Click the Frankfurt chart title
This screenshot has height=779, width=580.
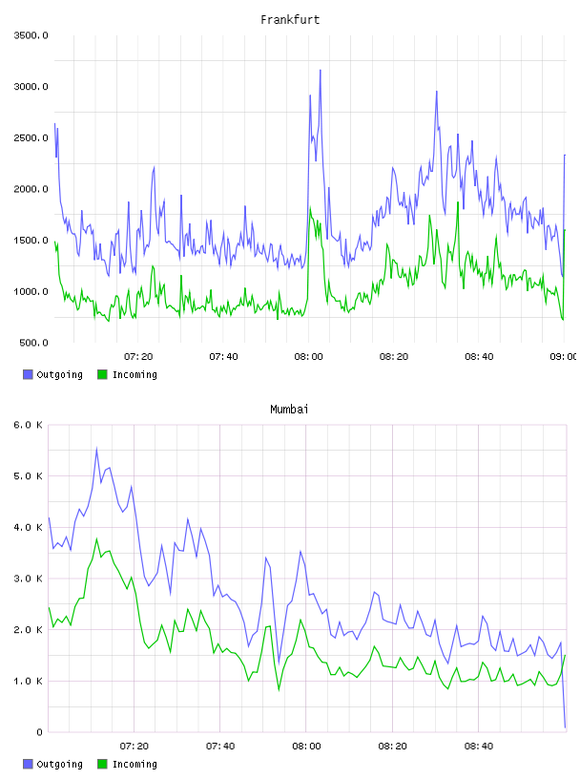pyautogui.click(x=290, y=20)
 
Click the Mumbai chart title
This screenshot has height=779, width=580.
pyautogui.click(x=289, y=410)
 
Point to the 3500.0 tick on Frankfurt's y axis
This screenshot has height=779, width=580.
pyautogui.click(x=31, y=35)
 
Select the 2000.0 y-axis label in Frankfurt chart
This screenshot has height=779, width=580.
pyautogui.click(x=31, y=189)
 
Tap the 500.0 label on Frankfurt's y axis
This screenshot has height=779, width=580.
pyautogui.click(x=33, y=343)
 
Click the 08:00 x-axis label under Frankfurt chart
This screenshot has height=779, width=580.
pyautogui.click(x=308, y=357)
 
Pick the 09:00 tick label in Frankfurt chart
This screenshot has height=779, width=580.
pyautogui.click(x=563, y=357)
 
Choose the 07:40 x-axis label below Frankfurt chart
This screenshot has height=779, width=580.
pyautogui.click(x=223, y=357)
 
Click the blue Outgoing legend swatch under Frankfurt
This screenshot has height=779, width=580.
pyautogui.click(x=28, y=374)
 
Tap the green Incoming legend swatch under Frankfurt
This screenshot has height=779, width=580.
pyautogui.click(x=102, y=374)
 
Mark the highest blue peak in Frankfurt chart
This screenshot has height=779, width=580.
pyautogui.click(x=321, y=71)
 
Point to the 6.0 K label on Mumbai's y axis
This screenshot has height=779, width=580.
pyautogui.click(x=28, y=425)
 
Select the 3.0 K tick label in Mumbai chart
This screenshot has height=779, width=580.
pyautogui.click(x=28, y=579)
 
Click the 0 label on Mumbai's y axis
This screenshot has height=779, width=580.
pyautogui.click(x=39, y=732)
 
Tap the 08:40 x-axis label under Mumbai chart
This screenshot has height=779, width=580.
pyautogui.click(x=479, y=747)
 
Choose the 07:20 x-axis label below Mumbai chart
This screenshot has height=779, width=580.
pyautogui.click(x=135, y=747)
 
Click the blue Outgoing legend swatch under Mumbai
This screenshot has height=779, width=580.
pyautogui.click(x=28, y=764)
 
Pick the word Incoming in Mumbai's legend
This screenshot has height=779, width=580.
pyautogui.click(x=135, y=765)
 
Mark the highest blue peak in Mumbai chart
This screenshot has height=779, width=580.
pyautogui.click(x=97, y=449)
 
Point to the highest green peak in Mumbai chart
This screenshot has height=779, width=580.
pyautogui.click(x=97, y=539)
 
